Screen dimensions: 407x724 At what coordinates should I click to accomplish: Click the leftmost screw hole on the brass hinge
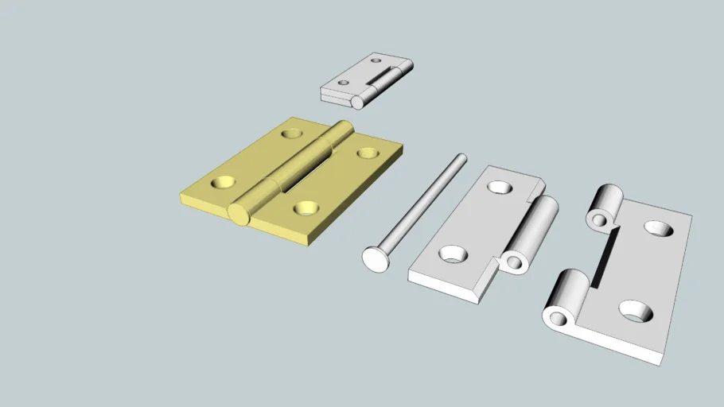pyautogui.click(x=222, y=182)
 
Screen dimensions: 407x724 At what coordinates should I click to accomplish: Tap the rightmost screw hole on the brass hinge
pyautogui.click(x=368, y=153)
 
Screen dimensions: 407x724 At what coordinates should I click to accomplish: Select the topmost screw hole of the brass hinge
pyautogui.click(x=293, y=133)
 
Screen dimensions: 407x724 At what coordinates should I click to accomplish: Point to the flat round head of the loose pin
pyautogui.click(x=375, y=258)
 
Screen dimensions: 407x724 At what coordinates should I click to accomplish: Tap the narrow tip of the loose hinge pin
pyautogui.click(x=461, y=157)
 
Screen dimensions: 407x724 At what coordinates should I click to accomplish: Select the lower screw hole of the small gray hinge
pyautogui.click(x=344, y=82)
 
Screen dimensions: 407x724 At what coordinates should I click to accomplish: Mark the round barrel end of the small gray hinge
pyautogui.click(x=359, y=102)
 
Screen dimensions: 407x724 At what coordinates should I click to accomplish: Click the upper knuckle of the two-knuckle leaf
pyautogui.click(x=604, y=206)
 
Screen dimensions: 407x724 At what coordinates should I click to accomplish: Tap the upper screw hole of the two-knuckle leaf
pyautogui.click(x=660, y=229)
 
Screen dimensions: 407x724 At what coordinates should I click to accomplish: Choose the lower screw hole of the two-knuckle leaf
pyautogui.click(x=635, y=311)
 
